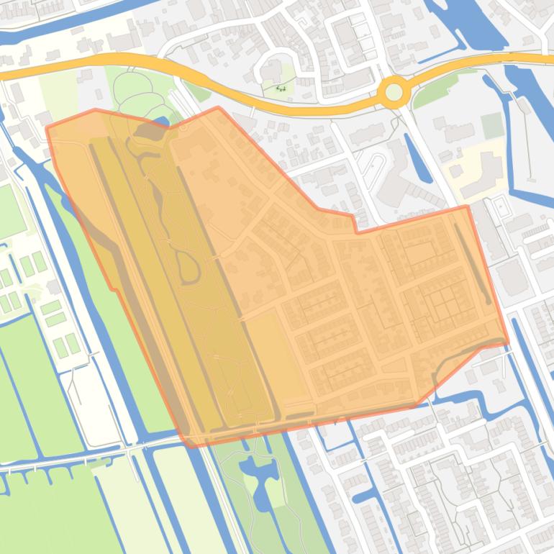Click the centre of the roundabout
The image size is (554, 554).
(x=394, y=92)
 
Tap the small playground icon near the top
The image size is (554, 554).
(x=281, y=88)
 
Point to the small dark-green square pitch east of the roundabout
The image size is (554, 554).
(x=492, y=125)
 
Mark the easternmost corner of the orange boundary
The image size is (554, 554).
(x=508, y=342)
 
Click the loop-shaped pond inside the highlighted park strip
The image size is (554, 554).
(x=189, y=268)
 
